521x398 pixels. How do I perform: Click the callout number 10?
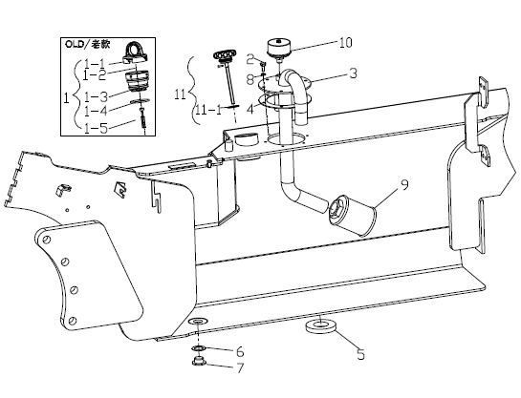click(x=345, y=43)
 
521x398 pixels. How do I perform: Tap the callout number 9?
click(x=404, y=185)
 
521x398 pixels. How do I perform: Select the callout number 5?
click(x=360, y=354)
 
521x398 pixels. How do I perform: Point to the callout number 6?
click(x=240, y=351)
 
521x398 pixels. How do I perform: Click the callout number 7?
click(x=240, y=367)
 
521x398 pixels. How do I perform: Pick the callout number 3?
click(x=353, y=73)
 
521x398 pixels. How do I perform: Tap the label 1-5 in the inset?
click(x=96, y=128)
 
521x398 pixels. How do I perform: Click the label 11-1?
click(x=208, y=110)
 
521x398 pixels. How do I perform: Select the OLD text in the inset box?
click(x=73, y=44)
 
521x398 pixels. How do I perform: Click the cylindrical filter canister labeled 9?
click(x=352, y=216)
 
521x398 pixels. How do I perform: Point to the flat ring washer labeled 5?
click(x=320, y=326)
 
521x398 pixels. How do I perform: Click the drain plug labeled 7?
click(x=199, y=361)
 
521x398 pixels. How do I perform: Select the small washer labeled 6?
click(x=199, y=348)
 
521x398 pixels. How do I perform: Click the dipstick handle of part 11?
click(x=226, y=55)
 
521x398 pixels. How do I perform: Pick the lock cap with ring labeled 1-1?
click(x=135, y=53)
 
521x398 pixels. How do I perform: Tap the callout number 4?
click(x=250, y=109)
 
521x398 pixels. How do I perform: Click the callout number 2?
click(x=250, y=60)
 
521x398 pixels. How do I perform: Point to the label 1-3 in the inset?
click(x=96, y=96)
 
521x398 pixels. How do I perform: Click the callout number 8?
click(x=250, y=80)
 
